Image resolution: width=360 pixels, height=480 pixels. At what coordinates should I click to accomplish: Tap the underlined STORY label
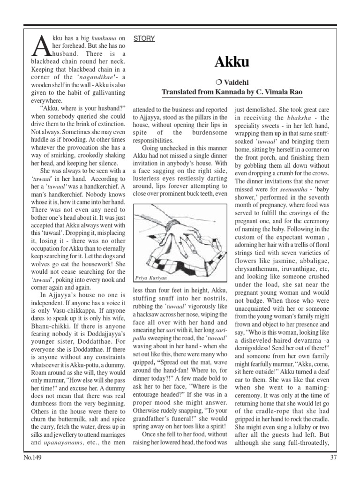[x=144, y=38]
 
